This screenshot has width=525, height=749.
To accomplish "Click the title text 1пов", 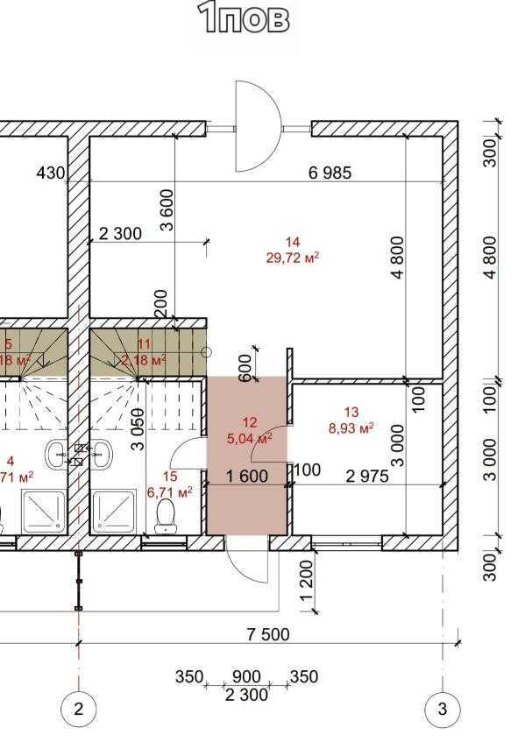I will pos(244,18).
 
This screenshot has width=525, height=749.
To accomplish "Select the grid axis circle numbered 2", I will pos(78,709).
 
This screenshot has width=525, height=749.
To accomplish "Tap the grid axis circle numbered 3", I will pos(443,709).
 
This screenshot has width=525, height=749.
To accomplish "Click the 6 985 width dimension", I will pos(330,173).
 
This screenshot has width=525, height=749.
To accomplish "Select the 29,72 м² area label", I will pos(292,257).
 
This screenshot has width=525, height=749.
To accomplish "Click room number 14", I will pos(293,243).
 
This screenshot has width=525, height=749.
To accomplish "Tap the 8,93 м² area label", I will pos(351,427).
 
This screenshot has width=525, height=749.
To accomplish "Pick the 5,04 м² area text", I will pos(250,438).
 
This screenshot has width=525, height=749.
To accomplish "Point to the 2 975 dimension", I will pos(368,476).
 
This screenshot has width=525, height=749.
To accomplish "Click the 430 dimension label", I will pos(50,173).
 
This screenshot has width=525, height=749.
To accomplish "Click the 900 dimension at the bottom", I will pos(245,677).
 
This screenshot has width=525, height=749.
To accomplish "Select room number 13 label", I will pos(351,413).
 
